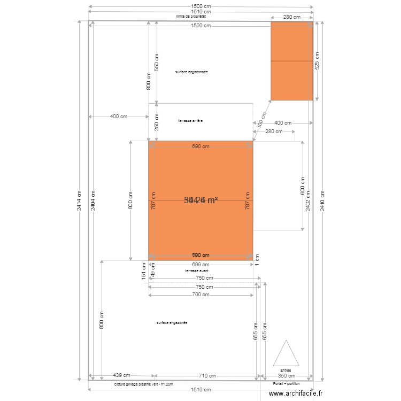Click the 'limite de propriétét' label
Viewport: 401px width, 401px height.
coord(191,17)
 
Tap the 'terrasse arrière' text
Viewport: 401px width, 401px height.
coord(190,121)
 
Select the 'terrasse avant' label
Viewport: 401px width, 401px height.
coord(197,271)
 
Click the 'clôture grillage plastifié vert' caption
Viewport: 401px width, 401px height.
coord(144,384)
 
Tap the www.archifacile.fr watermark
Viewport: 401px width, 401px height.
coord(296,394)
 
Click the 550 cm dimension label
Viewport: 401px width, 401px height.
coord(156,63)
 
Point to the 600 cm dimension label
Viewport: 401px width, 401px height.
coord(302,186)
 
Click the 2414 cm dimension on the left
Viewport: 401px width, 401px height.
coord(80,200)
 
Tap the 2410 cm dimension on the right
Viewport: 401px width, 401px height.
coord(322,200)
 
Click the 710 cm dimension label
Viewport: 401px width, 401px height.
coord(207,376)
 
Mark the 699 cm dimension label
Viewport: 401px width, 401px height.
coord(200,264)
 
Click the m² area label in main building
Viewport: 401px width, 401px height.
coord(200,200)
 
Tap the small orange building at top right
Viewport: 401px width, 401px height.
coord(291,61)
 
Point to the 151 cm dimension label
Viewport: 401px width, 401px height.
coord(143,271)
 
